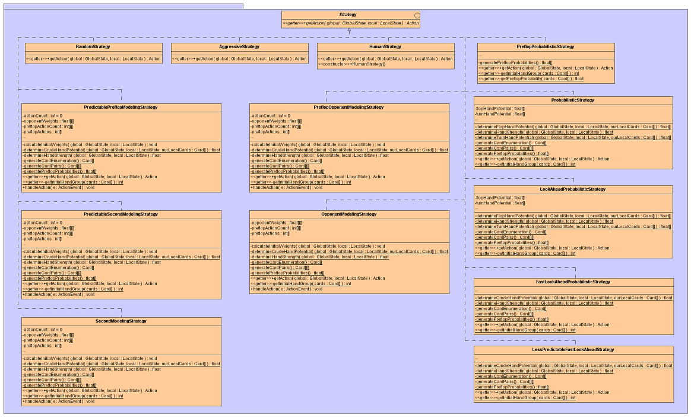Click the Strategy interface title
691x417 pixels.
[x=348, y=15]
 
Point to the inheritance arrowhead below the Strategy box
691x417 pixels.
[x=349, y=30]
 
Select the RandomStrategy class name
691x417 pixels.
[x=93, y=46]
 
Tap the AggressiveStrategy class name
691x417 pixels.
[x=239, y=46]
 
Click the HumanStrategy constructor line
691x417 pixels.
[x=351, y=64]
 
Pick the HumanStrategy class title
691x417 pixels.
[x=385, y=46]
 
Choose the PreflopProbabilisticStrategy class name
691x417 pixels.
[x=546, y=46]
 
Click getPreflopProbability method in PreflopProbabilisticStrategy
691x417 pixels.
[x=531, y=78]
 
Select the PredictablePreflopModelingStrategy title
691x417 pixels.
[x=121, y=108]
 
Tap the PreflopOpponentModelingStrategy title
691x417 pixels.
[x=349, y=108]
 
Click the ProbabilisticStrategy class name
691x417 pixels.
[x=572, y=100]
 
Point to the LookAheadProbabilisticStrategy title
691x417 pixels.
[x=572, y=189]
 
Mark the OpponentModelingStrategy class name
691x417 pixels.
[x=349, y=214]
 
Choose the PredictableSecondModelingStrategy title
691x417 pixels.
[x=121, y=214]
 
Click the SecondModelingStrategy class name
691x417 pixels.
[x=121, y=321]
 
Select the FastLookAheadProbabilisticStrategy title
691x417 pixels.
[x=572, y=282]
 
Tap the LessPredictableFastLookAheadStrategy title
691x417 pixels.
[x=572, y=350]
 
